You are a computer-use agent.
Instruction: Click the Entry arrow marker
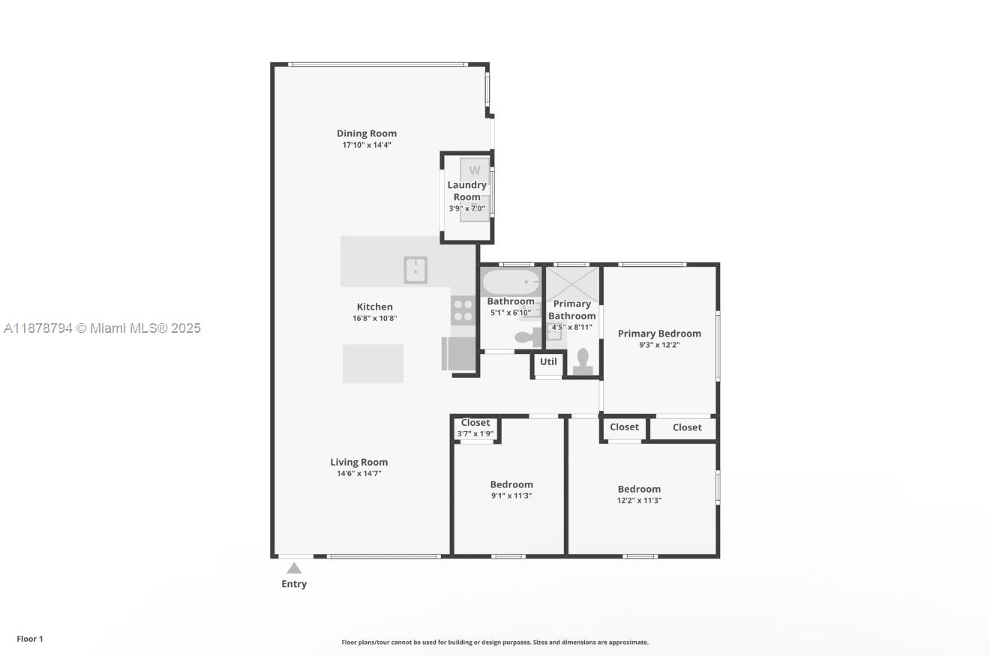click(294, 568)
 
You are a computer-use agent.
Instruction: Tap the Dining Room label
click(367, 133)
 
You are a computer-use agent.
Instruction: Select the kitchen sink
click(415, 270)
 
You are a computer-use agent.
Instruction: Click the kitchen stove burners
click(463, 310)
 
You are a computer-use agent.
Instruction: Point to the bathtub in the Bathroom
click(511, 281)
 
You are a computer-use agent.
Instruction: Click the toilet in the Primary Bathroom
click(583, 362)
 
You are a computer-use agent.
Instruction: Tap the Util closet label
click(548, 362)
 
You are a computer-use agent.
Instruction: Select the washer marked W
click(474, 169)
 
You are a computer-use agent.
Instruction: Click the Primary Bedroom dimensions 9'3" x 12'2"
click(659, 345)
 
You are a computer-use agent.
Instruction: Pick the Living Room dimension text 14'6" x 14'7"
click(358, 474)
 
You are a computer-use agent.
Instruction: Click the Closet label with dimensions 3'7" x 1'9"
click(475, 423)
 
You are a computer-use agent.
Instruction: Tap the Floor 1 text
click(30, 639)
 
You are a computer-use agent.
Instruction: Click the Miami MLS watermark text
click(102, 328)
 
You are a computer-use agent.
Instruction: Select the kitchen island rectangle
click(373, 364)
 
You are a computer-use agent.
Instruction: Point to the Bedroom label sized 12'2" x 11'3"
click(639, 489)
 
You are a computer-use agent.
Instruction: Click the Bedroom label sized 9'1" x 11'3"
click(511, 484)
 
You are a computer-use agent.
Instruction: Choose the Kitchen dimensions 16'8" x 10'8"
click(375, 319)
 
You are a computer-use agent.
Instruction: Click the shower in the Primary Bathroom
click(572, 285)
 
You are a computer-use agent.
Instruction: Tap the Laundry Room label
click(467, 191)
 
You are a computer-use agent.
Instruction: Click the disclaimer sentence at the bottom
click(495, 643)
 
